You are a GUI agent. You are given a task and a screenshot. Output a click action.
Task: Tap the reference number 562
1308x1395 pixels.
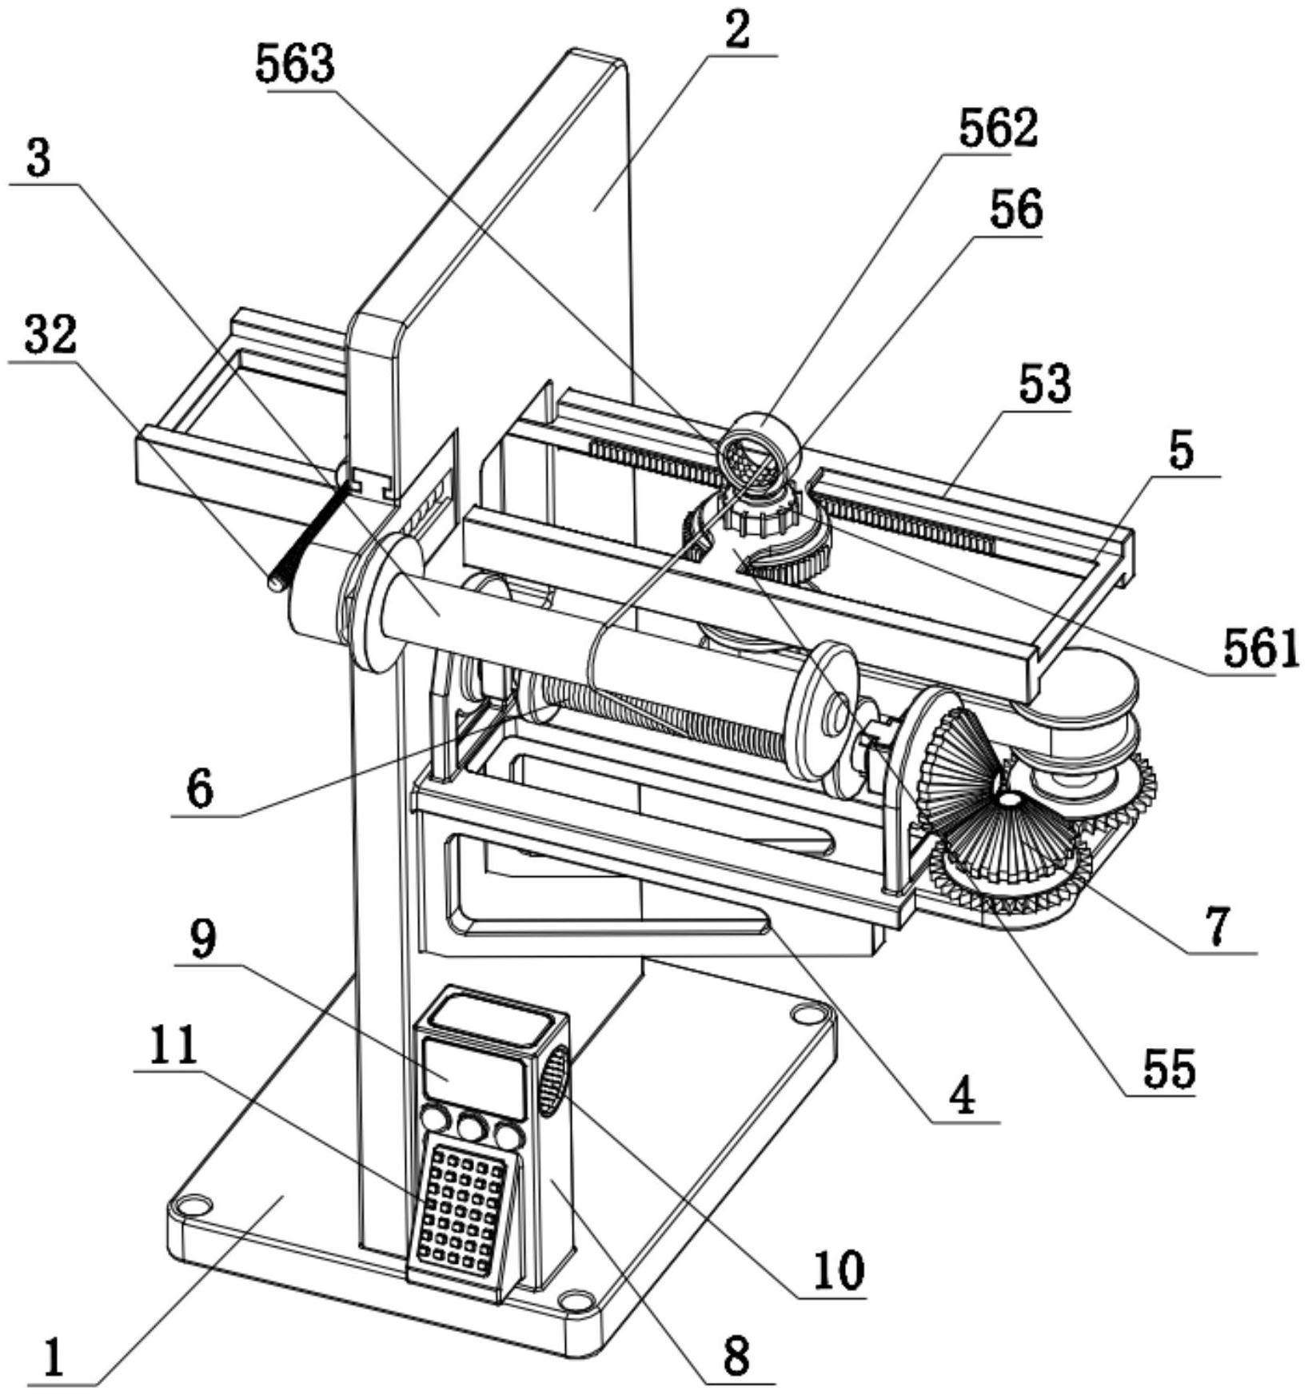point(998,128)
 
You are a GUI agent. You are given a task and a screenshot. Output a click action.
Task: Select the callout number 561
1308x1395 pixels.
point(1259,650)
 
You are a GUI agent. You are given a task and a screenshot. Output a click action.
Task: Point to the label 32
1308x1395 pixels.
point(50,336)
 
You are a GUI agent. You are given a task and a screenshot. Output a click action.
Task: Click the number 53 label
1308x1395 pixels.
point(1044,385)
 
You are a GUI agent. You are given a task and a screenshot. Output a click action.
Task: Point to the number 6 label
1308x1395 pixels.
point(200,790)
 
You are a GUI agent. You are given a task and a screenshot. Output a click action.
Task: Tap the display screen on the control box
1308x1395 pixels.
point(473,1078)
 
